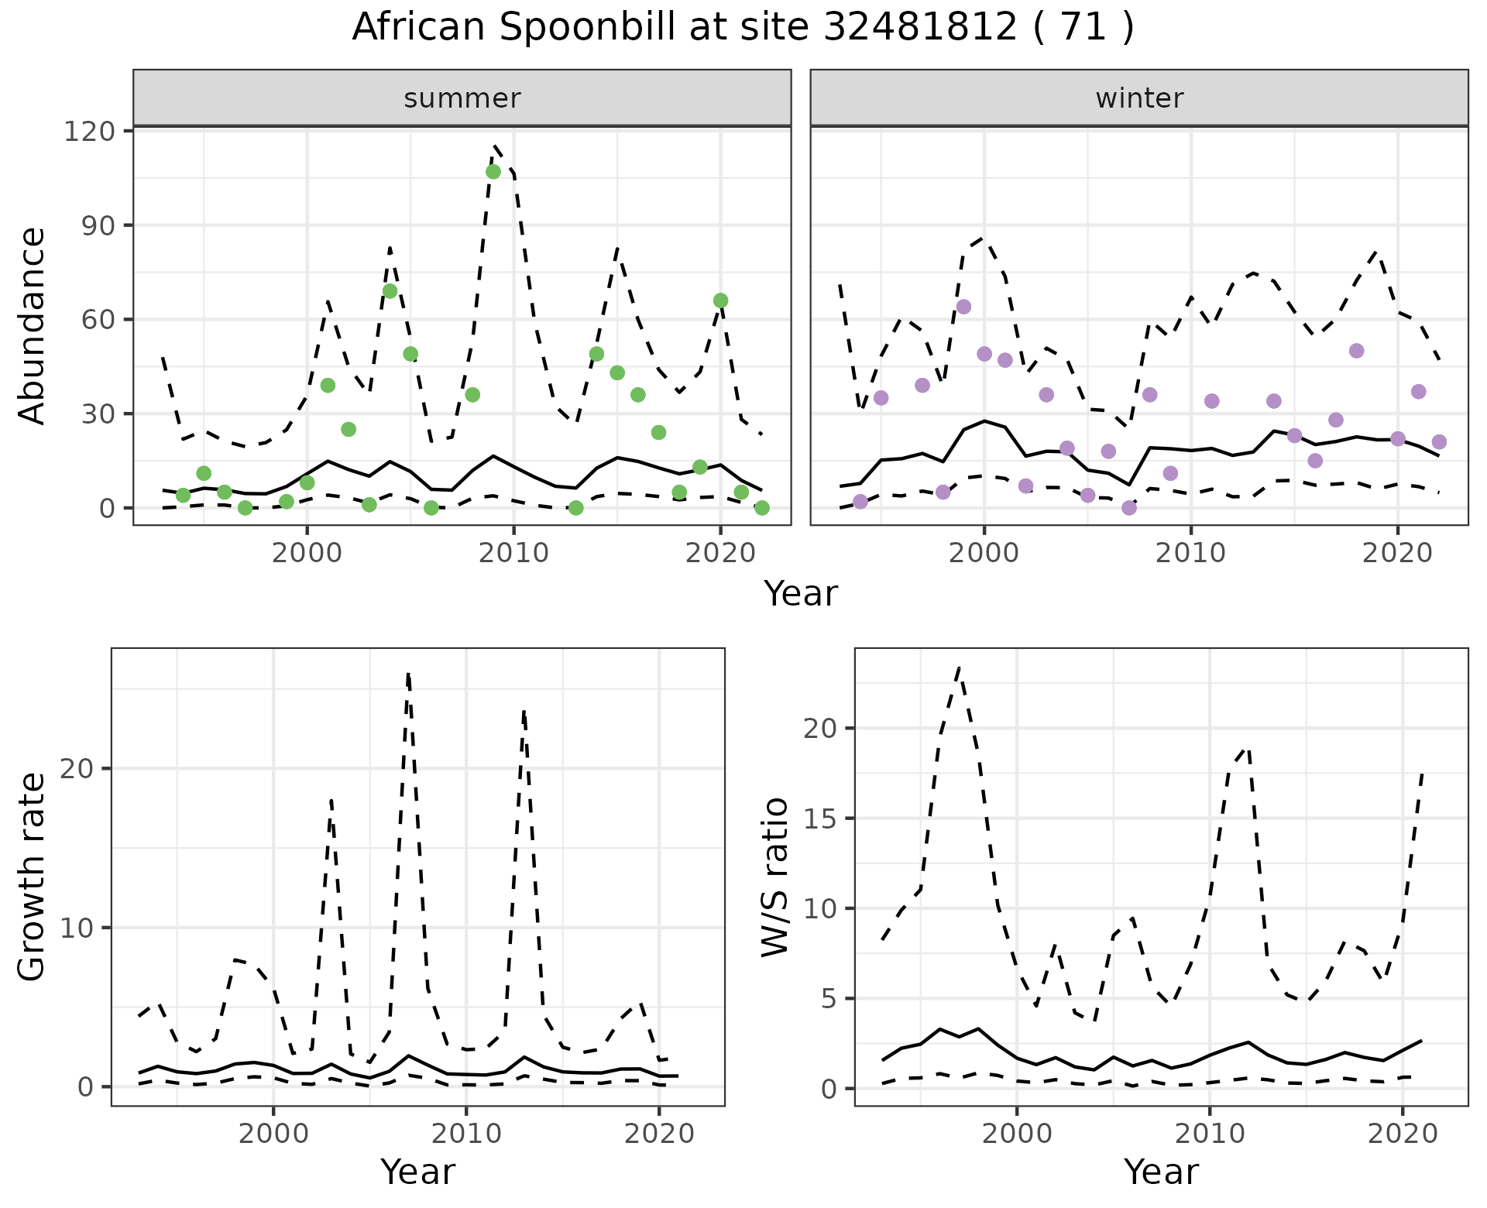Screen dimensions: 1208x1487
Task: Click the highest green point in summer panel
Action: click(x=493, y=171)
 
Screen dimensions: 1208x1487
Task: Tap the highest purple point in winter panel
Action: click(x=963, y=307)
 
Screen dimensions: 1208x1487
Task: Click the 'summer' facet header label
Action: click(x=462, y=98)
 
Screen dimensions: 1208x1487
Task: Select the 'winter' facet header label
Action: click(x=1139, y=98)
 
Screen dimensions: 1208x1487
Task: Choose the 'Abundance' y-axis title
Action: click(x=33, y=326)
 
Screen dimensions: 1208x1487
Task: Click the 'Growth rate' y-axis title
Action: click(x=33, y=877)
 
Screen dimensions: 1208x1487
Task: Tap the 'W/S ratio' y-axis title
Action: click(x=775, y=877)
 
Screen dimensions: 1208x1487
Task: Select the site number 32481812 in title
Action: click(x=919, y=28)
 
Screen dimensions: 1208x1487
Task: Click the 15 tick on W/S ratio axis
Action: click(x=820, y=818)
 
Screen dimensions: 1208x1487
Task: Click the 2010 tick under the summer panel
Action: click(x=513, y=553)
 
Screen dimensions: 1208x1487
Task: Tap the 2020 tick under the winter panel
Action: click(x=1398, y=553)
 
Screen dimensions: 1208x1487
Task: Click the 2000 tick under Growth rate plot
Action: click(x=273, y=1134)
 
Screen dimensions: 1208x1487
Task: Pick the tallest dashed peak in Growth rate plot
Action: click(x=408, y=674)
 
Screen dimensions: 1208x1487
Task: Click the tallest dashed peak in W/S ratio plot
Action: click(x=959, y=667)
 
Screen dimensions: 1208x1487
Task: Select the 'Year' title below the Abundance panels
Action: click(x=801, y=594)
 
